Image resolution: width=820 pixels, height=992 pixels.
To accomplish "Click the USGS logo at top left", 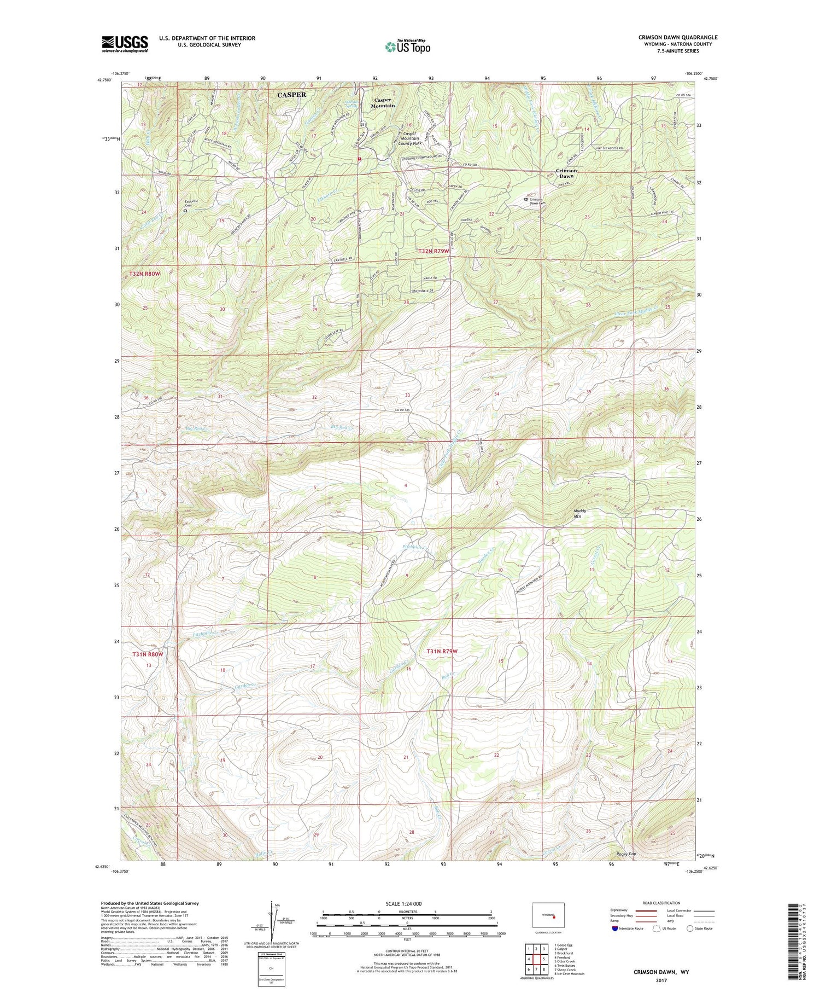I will (125, 44).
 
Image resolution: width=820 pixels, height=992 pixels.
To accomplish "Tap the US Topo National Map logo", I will (408, 47).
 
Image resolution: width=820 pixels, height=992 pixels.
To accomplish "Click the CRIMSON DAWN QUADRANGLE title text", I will (678, 37).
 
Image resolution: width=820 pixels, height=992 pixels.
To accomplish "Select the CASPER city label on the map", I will (291, 95).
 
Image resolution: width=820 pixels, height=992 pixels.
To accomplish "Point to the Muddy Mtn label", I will (580, 513).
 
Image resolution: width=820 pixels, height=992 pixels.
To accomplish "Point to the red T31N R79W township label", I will (442, 651).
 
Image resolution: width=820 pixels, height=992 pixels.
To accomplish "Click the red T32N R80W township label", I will (145, 273).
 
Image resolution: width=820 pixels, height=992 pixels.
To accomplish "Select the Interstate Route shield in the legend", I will (615, 929).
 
